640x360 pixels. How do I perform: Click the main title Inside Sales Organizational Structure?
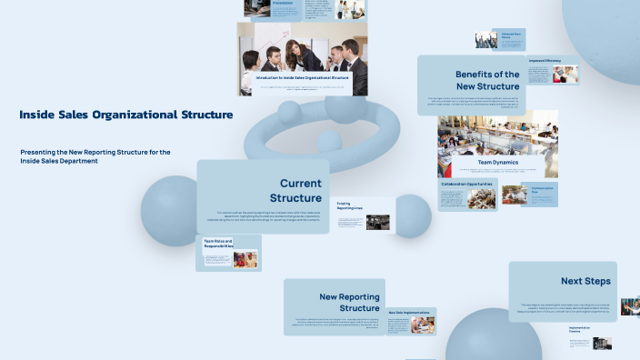(125, 115)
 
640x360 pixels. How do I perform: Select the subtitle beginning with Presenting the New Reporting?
(95, 156)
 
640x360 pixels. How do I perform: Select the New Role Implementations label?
(408, 313)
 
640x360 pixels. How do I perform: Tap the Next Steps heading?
(585, 281)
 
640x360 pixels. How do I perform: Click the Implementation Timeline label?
(581, 329)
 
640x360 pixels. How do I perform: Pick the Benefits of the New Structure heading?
(486, 81)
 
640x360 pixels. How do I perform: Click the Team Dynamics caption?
(497, 162)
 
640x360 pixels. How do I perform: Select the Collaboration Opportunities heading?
(467, 184)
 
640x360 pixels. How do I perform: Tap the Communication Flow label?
(543, 190)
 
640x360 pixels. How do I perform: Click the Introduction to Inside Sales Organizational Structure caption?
(302, 78)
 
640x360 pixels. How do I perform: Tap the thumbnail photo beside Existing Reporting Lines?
(378, 222)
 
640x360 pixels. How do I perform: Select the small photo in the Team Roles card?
(245, 259)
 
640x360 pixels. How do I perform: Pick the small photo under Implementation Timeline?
(601, 344)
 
